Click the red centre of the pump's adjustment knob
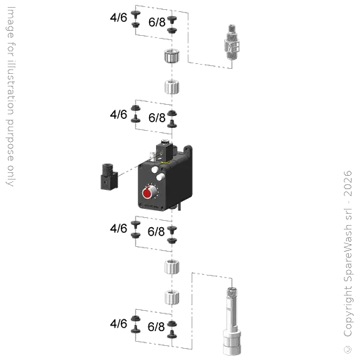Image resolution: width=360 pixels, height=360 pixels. click(147, 193)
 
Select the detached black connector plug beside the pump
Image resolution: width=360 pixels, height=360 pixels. click(109, 176)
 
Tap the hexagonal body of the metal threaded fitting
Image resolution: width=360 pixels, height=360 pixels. click(232, 46)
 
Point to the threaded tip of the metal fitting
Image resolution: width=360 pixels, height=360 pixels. click(232, 28)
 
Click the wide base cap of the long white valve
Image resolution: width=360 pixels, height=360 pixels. click(232, 342)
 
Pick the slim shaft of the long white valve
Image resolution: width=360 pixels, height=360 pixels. click(231, 311)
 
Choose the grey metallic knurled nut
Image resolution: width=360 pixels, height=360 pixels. click(172, 56)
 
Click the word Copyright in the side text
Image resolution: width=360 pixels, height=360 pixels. click(348, 310)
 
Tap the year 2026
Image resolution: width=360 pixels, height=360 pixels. click(348, 184)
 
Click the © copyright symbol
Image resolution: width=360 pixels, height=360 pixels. click(348, 349)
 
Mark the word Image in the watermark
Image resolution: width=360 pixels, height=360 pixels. click(11, 22)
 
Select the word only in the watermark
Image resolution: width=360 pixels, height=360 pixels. click(10, 176)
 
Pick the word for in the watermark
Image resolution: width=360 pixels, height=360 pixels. click(11, 49)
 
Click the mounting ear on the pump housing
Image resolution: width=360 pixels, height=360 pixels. click(188, 150)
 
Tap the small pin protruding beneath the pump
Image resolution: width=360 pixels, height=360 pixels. click(179, 207)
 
